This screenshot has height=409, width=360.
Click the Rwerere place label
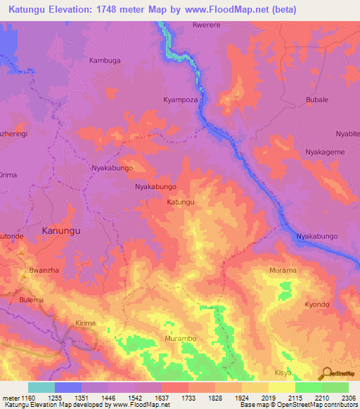(x=206, y=25)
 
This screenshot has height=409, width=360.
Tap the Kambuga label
(x=105, y=60)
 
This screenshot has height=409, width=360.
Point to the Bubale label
(x=317, y=100)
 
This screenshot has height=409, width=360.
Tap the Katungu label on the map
(x=180, y=202)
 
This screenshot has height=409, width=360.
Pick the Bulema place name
(x=32, y=300)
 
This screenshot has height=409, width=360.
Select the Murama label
(x=283, y=270)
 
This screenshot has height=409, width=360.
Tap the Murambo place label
(x=180, y=339)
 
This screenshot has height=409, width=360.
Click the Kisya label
(x=283, y=372)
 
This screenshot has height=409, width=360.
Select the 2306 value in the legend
(x=348, y=398)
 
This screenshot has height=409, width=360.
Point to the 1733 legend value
(x=188, y=398)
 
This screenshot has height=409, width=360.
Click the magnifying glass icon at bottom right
(x=326, y=374)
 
